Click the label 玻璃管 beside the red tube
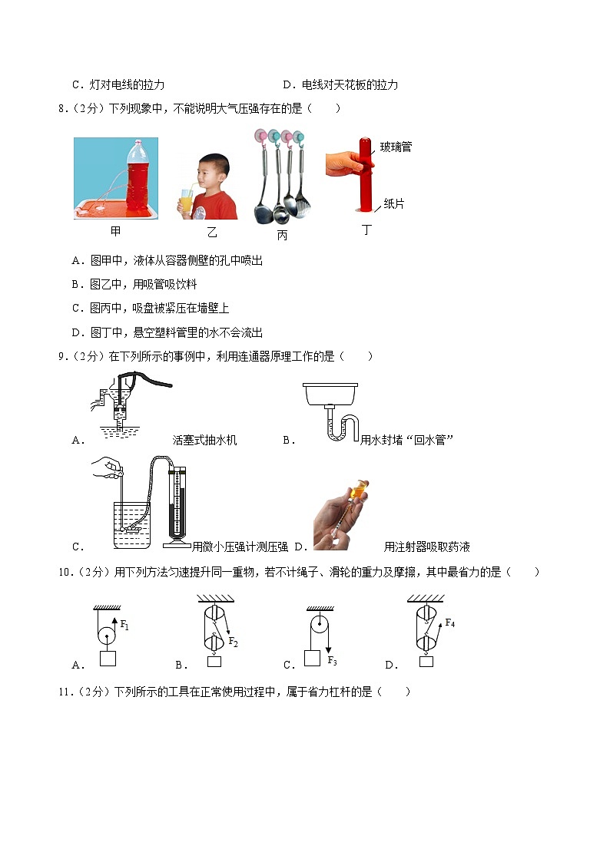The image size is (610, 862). (x=396, y=147)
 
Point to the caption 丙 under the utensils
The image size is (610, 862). (x=282, y=236)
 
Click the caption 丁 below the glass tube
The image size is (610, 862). (x=366, y=230)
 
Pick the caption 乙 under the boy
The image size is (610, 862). (x=212, y=233)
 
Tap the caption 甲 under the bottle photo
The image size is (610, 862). (x=115, y=230)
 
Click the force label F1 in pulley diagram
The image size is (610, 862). (x=124, y=625)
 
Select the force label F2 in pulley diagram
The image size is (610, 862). (x=233, y=642)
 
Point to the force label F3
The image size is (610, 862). (x=332, y=660)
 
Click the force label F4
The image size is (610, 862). (x=449, y=623)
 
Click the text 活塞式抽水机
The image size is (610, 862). (x=204, y=440)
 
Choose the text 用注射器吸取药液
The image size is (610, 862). (x=426, y=547)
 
